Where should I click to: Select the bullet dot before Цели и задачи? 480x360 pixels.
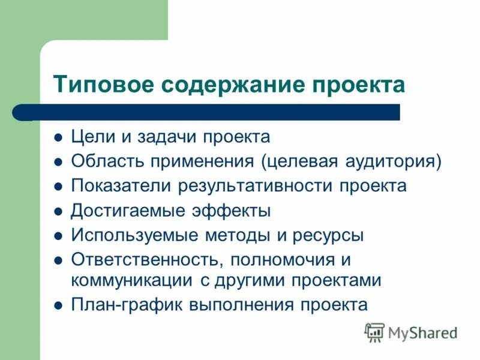point(58,137)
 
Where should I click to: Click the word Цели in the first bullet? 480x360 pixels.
point(90,137)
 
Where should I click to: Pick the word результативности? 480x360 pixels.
point(255,186)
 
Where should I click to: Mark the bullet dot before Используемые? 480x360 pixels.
point(58,236)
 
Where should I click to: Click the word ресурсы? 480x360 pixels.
point(328,235)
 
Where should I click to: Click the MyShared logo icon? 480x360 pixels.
point(374,332)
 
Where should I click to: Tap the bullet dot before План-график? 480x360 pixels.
point(58,305)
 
